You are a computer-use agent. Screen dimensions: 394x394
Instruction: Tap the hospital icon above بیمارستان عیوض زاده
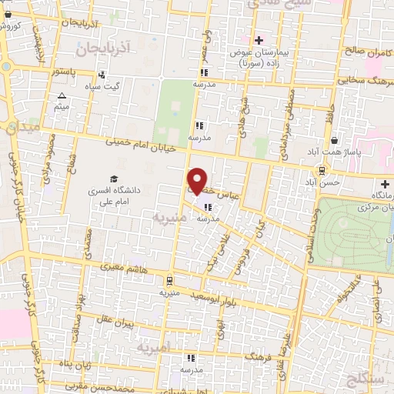tap(259, 40)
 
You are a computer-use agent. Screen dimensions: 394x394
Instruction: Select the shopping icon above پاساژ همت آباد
tap(336, 140)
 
